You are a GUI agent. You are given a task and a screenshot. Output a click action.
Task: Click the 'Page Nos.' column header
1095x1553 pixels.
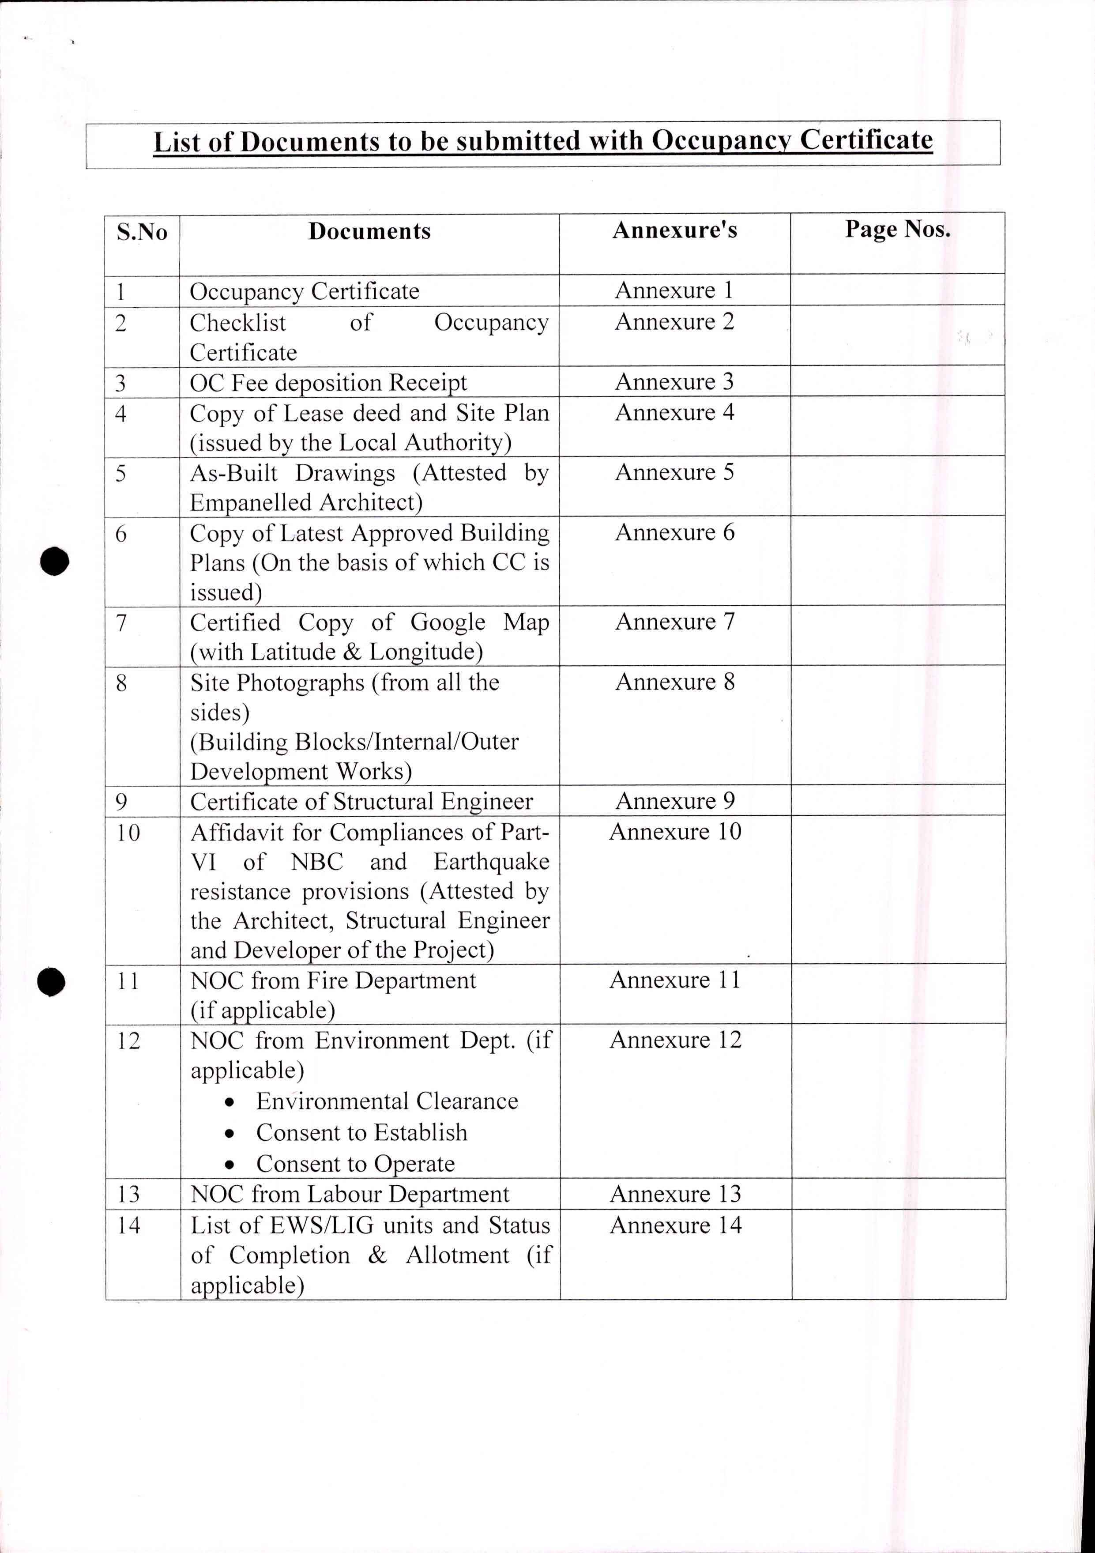898,230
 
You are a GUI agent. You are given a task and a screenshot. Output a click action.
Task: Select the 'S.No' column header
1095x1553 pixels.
142,232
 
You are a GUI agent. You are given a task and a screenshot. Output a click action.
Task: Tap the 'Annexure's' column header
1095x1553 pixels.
674,230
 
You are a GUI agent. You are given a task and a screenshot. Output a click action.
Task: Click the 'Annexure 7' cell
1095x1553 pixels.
674,622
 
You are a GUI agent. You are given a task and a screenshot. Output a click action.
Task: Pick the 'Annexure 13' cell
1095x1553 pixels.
675,1194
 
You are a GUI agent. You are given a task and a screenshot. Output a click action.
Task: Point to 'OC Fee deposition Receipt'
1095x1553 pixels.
328,383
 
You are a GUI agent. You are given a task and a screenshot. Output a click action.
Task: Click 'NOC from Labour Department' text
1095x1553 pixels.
350,1195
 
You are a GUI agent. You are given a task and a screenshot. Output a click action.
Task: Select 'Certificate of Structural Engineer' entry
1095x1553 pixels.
361,802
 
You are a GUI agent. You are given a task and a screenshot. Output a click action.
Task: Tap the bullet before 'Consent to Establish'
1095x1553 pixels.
231,1134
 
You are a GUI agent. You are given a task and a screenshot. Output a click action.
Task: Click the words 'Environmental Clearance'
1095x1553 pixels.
387,1101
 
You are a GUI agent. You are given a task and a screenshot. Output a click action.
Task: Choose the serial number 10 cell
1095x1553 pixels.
128,833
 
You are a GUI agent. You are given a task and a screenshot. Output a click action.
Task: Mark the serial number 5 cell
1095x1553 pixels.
121,473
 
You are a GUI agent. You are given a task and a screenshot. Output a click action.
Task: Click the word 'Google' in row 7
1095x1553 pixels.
448,622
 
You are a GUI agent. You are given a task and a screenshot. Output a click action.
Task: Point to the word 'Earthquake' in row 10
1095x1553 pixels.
492,862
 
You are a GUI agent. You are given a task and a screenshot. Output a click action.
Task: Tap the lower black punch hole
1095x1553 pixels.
51,981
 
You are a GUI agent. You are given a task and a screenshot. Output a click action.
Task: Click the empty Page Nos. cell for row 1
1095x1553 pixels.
898,290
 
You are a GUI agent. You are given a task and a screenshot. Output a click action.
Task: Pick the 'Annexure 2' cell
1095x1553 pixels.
674,322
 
